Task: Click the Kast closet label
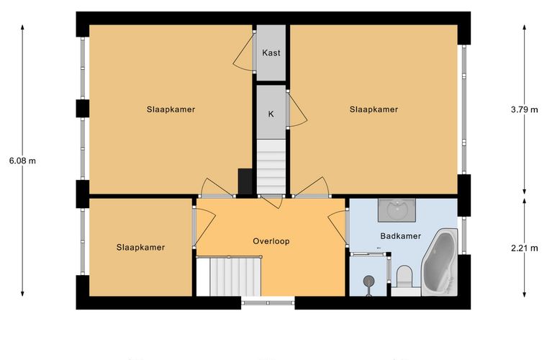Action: click(x=271, y=53)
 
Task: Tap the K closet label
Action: click(x=271, y=114)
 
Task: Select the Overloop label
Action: click(x=271, y=241)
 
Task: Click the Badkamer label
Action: click(x=400, y=236)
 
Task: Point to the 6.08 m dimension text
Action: click(x=22, y=161)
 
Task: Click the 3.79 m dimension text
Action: click(x=524, y=109)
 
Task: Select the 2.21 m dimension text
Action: click(x=524, y=248)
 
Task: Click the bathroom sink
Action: click(x=397, y=210)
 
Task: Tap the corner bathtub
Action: click(x=440, y=261)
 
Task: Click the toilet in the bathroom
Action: click(x=405, y=277)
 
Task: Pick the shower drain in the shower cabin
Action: click(x=369, y=280)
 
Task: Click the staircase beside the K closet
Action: click(x=271, y=166)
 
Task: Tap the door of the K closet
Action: click(x=297, y=109)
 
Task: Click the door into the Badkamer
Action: click(x=338, y=228)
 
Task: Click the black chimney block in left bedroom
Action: click(x=245, y=181)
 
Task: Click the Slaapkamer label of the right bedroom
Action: click(x=374, y=109)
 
